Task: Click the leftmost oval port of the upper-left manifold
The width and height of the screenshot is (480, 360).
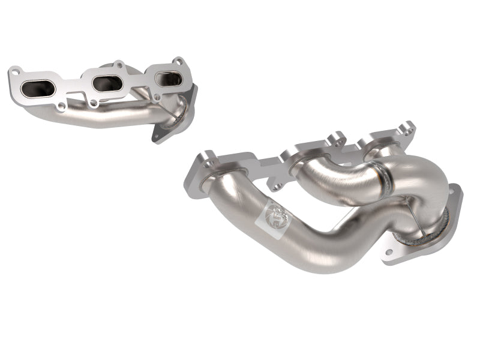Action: pyautogui.click(x=38, y=89)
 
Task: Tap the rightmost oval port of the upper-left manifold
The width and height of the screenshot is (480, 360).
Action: pyautogui.click(x=169, y=78)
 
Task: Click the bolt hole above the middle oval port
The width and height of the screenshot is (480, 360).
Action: pyautogui.click(x=119, y=64)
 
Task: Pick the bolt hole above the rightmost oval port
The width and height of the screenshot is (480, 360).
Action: pyautogui.click(x=178, y=61)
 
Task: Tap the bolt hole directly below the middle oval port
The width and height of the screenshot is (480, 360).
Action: pyautogui.click(x=94, y=103)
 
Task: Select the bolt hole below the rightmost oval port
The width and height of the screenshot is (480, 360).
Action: pyautogui.click(x=157, y=96)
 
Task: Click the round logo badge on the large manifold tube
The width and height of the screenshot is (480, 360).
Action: pyautogui.click(x=277, y=212)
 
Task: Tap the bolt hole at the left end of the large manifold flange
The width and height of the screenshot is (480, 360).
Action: pyautogui.click(x=208, y=163)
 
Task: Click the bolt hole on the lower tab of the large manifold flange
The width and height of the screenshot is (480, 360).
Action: pyautogui.click(x=275, y=187)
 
